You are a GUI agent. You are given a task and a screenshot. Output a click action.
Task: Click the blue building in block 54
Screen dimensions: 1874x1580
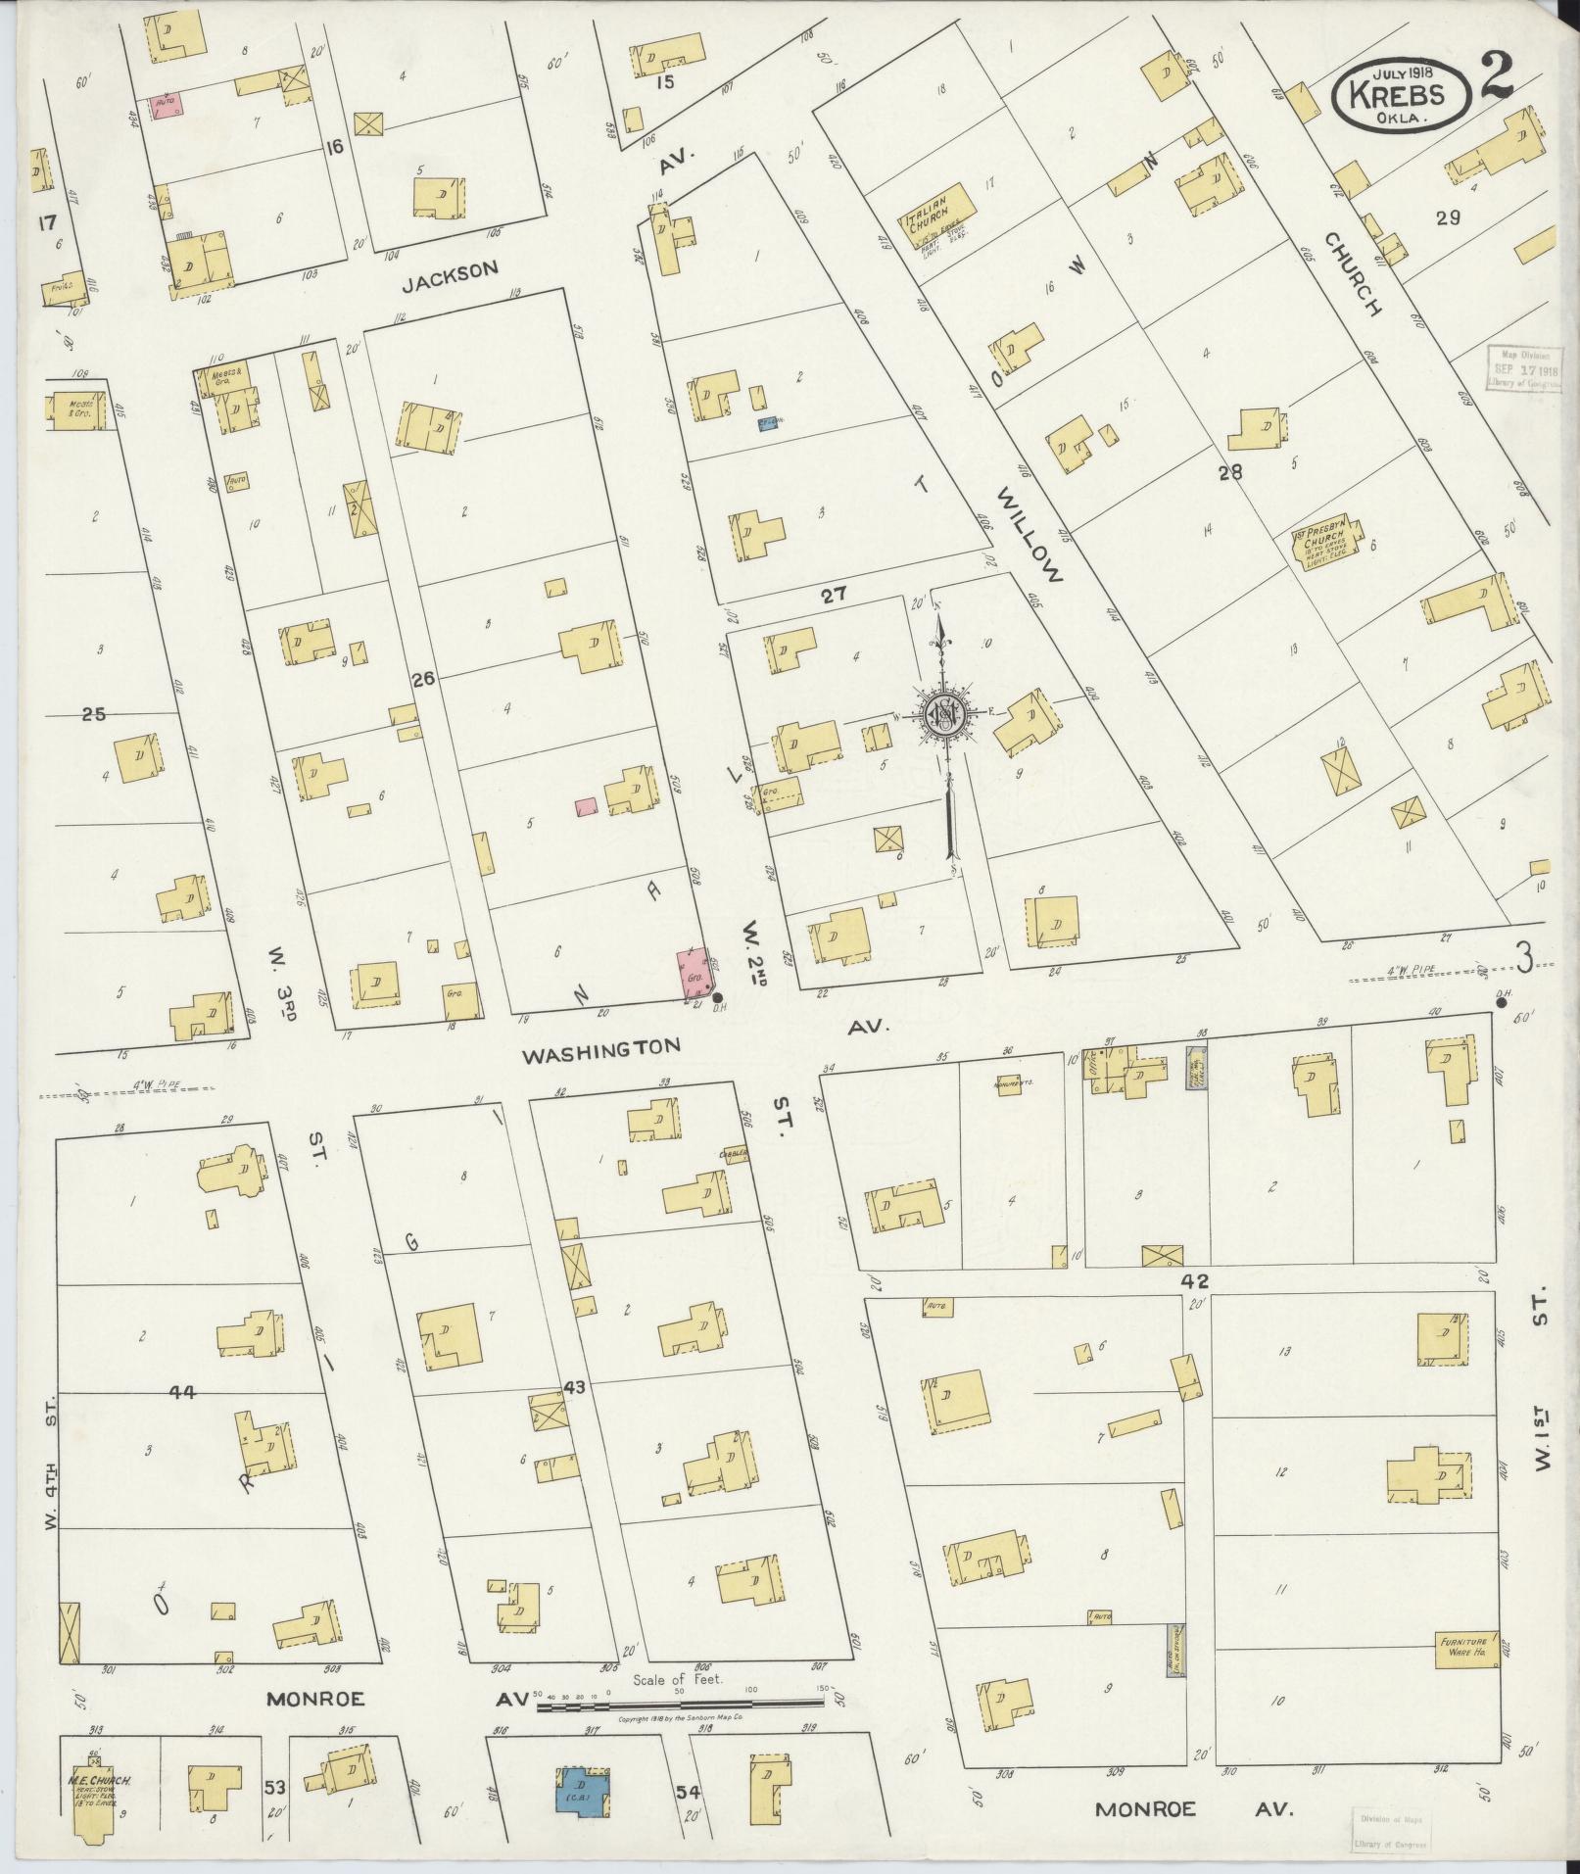[x=583, y=1792]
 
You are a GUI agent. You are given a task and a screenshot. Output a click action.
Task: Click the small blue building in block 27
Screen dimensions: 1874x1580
[x=769, y=423]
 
